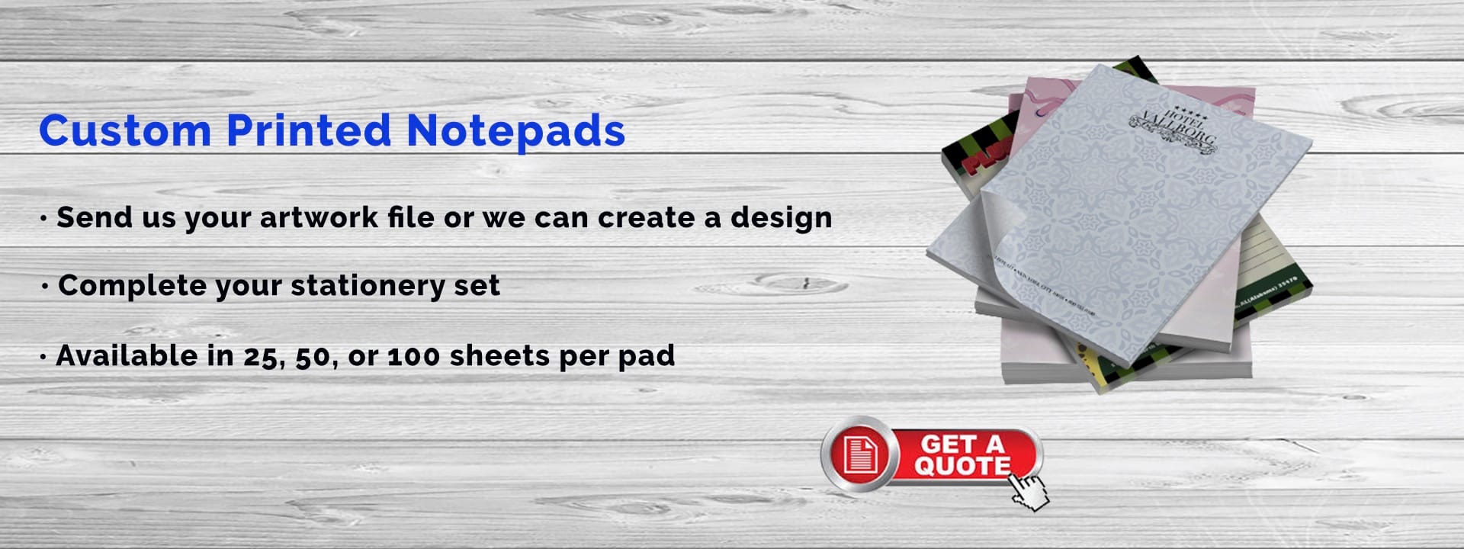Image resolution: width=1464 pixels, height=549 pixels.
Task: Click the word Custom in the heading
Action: coord(125,130)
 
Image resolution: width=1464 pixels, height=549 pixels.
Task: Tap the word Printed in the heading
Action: coord(309,130)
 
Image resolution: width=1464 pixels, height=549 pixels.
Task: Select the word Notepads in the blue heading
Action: coord(515,131)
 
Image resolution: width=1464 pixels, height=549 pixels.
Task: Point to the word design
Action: coord(781,218)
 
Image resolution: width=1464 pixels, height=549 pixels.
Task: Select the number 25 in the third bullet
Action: coord(260,356)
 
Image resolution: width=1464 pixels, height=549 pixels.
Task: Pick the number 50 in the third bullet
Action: coord(311,356)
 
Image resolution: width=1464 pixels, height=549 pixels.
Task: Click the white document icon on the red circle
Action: coord(859,454)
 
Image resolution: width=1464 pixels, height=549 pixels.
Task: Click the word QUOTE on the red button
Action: coord(962,465)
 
